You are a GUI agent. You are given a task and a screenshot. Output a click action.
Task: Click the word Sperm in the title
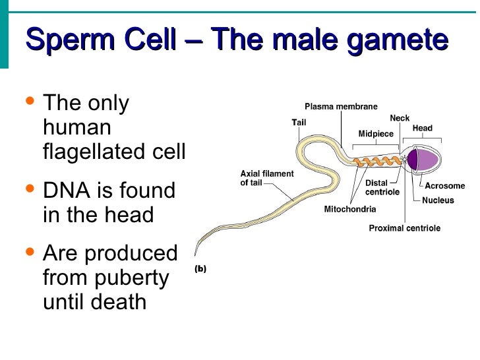pyautogui.click(x=63, y=40)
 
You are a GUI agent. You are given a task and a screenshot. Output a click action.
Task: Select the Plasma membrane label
pyautogui.click(x=341, y=107)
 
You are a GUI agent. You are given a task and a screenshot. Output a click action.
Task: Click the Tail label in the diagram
pyautogui.click(x=299, y=122)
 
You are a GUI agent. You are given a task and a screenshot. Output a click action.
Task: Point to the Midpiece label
pyautogui.click(x=376, y=134)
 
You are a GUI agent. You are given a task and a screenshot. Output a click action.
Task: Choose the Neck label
pyautogui.click(x=400, y=118)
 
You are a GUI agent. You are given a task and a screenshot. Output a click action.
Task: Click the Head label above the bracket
pyautogui.click(x=423, y=128)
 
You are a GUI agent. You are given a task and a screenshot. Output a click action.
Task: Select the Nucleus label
pyautogui.click(x=438, y=200)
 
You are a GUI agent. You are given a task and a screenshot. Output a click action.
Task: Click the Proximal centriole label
pyautogui.click(x=404, y=228)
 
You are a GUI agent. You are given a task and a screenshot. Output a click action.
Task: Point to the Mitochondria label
pyautogui.click(x=350, y=210)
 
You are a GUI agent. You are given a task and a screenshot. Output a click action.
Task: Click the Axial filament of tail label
pyautogui.click(x=267, y=178)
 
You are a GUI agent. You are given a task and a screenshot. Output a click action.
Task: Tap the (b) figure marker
pyautogui.click(x=200, y=268)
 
